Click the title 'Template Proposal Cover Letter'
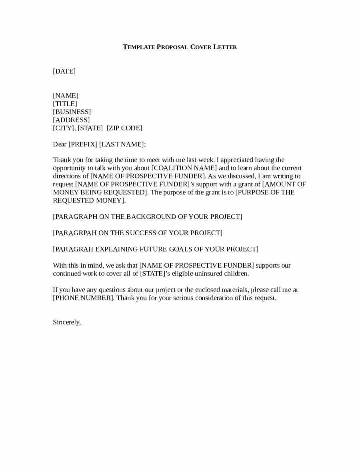pyautogui.click(x=180, y=47)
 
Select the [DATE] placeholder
pyautogui.click(x=64, y=71)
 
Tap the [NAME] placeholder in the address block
pyautogui.click(x=66, y=96)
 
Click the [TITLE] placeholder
pyautogui.click(x=65, y=104)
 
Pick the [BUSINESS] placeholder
pyautogui.click(x=72, y=112)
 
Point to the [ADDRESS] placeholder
pyautogui.click(x=71, y=120)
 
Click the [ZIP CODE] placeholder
pyautogui.click(x=124, y=128)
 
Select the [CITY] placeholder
pyautogui.click(x=64, y=128)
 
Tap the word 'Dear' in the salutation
pyautogui.click(x=60, y=144)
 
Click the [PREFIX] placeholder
pyautogui.click(x=83, y=144)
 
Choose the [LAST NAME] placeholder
pyautogui.click(x=122, y=144)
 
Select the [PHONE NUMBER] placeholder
pyautogui.click(x=84, y=298)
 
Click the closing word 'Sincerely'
pyautogui.click(x=66, y=322)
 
